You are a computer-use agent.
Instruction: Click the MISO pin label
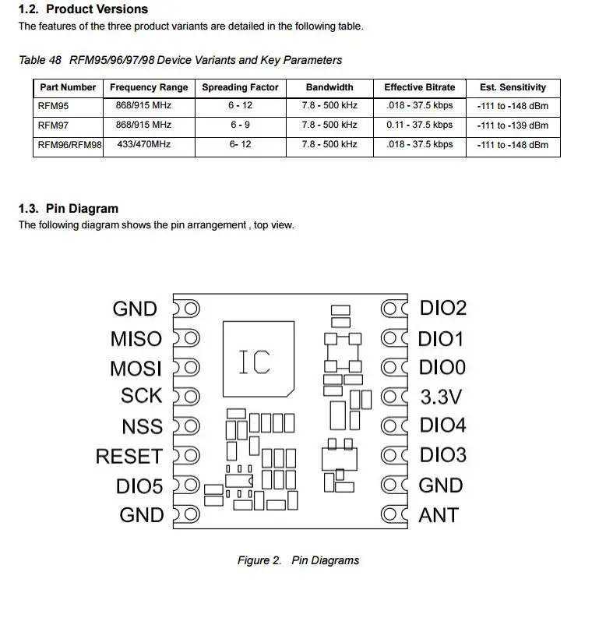[x=136, y=339]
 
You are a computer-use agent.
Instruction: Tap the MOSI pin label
[x=136, y=368]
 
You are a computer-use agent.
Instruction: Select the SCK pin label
[x=141, y=396]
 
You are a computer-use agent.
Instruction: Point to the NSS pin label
[x=142, y=426]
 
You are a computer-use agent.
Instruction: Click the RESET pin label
[x=129, y=456]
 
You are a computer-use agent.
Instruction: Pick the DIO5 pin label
[x=139, y=486]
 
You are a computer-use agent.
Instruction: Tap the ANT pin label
[x=439, y=515]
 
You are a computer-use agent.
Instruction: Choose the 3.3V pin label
[x=441, y=397]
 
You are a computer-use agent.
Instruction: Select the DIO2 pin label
[x=443, y=308]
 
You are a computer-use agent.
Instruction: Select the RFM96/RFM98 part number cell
[x=69, y=145]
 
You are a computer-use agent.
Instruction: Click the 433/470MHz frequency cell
[x=143, y=145]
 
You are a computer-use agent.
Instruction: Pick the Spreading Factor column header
[x=240, y=87]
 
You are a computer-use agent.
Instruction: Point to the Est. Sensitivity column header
[x=513, y=87]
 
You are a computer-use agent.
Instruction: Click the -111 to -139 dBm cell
[x=513, y=125]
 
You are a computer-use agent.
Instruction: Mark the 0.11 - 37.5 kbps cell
[x=419, y=125]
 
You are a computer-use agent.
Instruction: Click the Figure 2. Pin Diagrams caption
[x=298, y=560]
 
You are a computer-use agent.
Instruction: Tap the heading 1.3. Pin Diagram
[x=69, y=208]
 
